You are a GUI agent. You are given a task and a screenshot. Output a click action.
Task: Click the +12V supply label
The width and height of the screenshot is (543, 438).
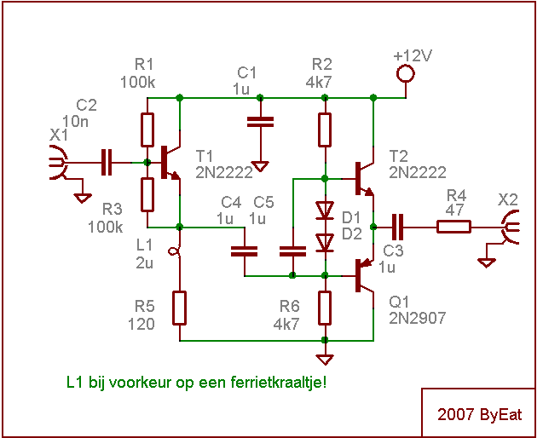[413, 56]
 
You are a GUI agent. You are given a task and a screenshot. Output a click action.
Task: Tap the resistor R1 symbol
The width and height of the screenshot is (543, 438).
[147, 130]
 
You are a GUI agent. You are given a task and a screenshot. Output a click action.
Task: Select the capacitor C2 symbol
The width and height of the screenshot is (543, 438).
[107, 162]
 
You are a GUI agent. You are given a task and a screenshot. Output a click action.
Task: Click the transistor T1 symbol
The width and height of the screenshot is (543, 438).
[170, 162]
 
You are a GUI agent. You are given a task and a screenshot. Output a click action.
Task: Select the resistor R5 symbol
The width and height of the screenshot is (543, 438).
[180, 307]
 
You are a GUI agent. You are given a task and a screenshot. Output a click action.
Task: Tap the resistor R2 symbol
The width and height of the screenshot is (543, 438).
[325, 130]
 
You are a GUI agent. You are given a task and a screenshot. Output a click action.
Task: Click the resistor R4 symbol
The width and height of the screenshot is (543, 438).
[453, 227]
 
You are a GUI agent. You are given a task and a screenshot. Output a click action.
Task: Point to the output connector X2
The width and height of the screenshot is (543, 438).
[510, 227]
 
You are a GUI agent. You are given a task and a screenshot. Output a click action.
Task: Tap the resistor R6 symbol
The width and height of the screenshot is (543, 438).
[325, 307]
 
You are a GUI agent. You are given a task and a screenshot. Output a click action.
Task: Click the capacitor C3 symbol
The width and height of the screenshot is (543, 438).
[397, 227]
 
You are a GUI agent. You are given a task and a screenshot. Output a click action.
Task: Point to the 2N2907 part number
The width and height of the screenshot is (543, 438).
[418, 319]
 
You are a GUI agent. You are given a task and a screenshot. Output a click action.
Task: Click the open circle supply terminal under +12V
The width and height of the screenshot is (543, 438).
[406, 74]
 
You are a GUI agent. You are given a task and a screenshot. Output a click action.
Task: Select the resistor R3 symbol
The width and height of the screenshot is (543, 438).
[147, 194]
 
